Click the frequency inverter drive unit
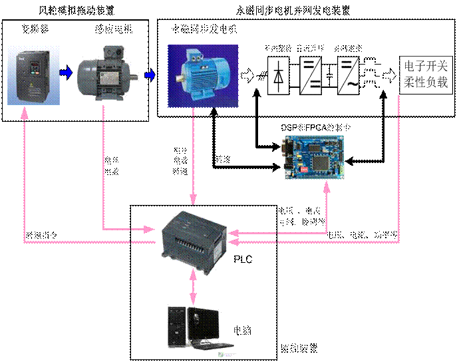[33, 73]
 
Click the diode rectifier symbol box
[279, 76]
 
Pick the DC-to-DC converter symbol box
[311, 76]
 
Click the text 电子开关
[426, 67]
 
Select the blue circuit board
[313, 157]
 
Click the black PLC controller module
[194, 241]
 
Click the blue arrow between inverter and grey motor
[65, 73]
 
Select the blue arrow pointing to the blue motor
[150, 75]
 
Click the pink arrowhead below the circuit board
[327, 188]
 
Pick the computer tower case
[176, 327]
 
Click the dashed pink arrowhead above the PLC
[193, 198]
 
